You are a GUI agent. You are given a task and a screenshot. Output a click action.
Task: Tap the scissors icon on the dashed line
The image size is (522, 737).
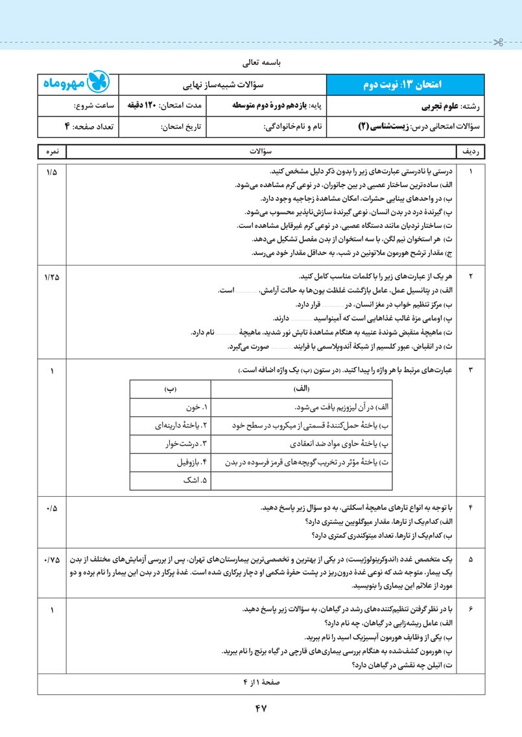[497, 43]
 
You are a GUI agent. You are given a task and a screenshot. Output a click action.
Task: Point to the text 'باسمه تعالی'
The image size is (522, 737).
[260, 64]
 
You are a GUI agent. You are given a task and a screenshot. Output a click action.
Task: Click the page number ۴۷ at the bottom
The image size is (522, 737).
[261, 708]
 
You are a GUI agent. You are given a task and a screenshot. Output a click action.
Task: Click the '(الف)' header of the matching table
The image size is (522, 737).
[302, 389]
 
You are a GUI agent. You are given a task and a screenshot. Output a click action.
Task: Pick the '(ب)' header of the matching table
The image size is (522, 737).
[171, 389]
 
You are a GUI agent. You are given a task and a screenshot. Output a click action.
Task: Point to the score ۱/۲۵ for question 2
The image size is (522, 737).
[52, 277]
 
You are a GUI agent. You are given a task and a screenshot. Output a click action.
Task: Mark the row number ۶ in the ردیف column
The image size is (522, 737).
[471, 609]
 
